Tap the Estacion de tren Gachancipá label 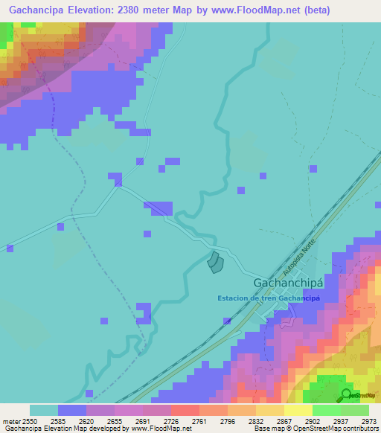coord(269,298)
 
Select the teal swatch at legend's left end coord(44,410)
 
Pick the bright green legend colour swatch coord(326,410)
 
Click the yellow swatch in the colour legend coord(298,410)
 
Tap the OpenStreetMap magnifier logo coord(346,394)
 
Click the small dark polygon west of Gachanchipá coord(214,262)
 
